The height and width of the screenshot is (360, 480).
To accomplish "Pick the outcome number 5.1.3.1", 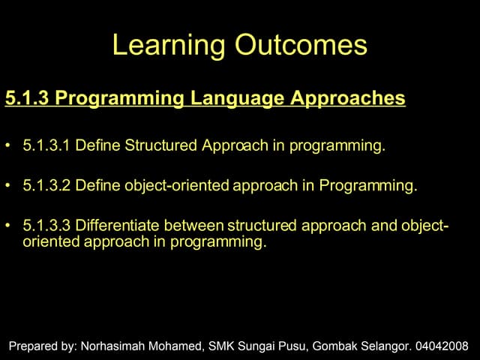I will click(46, 145).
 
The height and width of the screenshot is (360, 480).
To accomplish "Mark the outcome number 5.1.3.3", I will click(46, 225).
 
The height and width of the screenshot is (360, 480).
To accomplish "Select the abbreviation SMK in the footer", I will click(222, 346).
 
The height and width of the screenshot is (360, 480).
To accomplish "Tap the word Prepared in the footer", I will click(32, 346).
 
